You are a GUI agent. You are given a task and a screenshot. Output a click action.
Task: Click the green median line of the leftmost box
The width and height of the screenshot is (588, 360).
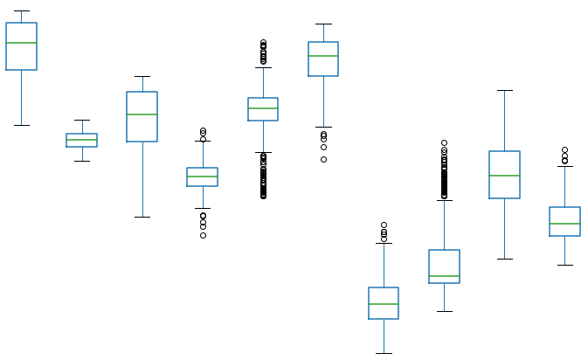(x=22, y=43)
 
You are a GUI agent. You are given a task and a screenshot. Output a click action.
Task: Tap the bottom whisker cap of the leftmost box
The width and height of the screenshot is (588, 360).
(x=22, y=125)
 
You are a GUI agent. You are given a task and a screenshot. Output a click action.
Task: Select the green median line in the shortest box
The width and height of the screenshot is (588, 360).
(x=82, y=140)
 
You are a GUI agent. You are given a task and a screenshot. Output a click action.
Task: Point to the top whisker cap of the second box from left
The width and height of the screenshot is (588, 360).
(x=82, y=120)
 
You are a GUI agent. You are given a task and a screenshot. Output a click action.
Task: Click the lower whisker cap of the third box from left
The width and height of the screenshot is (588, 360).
(x=142, y=217)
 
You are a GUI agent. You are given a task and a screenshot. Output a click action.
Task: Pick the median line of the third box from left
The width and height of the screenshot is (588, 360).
(x=142, y=114)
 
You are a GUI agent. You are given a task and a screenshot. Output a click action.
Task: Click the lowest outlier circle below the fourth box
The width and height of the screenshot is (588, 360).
(x=203, y=235)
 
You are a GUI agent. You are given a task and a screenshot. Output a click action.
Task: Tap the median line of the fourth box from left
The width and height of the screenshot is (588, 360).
(x=203, y=177)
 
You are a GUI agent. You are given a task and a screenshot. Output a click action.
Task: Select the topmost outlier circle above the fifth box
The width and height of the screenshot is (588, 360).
(x=263, y=42)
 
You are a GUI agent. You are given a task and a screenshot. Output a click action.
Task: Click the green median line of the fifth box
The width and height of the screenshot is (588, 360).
(x=263, y=108)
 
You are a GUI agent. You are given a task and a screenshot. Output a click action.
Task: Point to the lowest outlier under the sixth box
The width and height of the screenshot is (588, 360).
(x=323, y=159)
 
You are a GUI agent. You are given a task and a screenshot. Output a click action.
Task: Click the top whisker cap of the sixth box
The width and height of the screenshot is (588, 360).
(x=323, y=24)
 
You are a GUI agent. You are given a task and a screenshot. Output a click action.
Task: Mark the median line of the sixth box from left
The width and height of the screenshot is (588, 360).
(x=323, y=56)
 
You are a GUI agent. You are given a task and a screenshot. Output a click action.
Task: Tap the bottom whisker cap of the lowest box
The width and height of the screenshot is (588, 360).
(x=384, y=353)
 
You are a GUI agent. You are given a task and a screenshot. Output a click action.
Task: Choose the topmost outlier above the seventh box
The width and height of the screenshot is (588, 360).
(x=384, y=225)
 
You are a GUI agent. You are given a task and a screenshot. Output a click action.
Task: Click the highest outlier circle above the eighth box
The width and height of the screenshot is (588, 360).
(x=444, y=142)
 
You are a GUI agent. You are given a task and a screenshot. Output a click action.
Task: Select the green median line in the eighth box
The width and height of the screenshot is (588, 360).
(x=444, y=276)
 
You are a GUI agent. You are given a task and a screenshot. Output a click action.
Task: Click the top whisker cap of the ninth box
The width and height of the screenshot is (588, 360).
(x=504, y=90)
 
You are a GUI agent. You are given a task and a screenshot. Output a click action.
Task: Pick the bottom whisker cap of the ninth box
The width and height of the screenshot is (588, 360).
(x=504, y=259)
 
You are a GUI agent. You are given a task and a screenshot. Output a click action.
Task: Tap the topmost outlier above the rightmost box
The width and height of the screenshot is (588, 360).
(x=564, y=150)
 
